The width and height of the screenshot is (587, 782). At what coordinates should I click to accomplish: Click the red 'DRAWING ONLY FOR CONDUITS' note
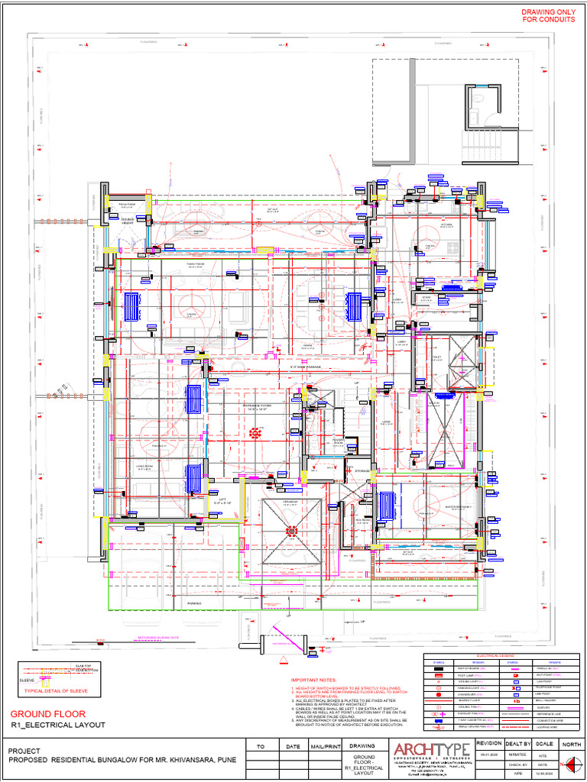click(548, 16)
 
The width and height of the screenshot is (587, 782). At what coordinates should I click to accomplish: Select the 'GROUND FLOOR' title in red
click(47, 714)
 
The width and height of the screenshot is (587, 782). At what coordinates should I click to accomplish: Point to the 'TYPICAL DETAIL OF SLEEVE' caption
click(57, 690)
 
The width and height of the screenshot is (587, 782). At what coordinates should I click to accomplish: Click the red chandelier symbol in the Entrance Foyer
click(254, 433)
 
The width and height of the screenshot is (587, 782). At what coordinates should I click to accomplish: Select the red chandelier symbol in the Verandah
click(290, 529)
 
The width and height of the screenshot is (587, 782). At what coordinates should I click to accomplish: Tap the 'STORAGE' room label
click(362, 471)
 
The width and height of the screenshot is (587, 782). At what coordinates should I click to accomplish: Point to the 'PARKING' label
click(194, 603)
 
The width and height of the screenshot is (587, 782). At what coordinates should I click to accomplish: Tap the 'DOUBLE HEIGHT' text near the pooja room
click(127, 220)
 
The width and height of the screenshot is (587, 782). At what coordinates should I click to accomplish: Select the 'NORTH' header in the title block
click(570, 743)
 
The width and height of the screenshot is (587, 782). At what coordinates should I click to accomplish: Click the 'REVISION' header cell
click(488, 743)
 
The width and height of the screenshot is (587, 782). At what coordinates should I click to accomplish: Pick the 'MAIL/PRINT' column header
click(325, 746)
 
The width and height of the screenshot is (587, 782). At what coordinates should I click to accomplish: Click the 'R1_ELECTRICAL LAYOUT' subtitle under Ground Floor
click(57, 725)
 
